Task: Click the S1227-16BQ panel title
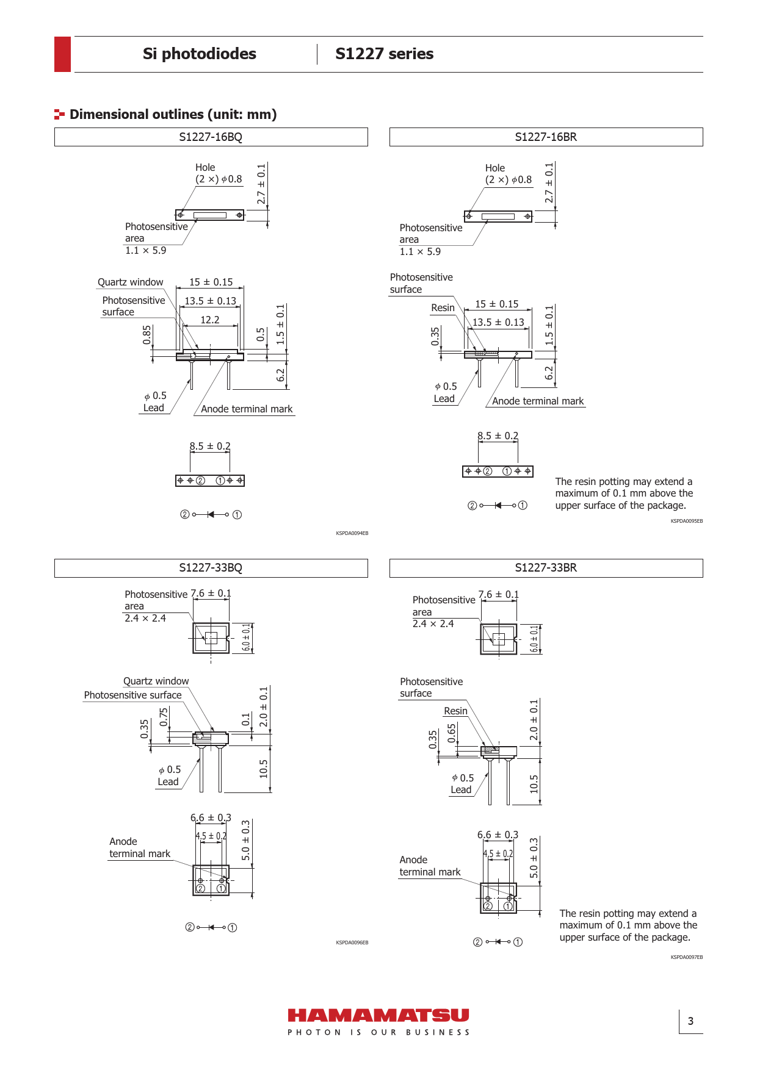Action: [211, 137]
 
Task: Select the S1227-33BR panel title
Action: [546, 567]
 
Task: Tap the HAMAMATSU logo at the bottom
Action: [378, 1015]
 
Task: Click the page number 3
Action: [690, 1021]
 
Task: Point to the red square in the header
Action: [62, 54]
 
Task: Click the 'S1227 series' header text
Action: [385, 54]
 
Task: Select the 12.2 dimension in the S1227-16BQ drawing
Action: [210, 320]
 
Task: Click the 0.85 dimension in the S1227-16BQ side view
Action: [147, 334]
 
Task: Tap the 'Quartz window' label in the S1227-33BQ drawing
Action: [156, 681]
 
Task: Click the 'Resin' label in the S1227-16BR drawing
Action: [443, 307]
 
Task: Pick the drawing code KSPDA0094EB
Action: [352, 533]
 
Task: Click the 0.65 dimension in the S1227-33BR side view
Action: [452, 733]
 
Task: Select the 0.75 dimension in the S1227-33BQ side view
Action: [164, 717]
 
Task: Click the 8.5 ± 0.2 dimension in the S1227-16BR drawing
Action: [498, 436]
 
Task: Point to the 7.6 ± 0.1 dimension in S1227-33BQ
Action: [211, 593]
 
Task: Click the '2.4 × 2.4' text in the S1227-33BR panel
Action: [433, 623]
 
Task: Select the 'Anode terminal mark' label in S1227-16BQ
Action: [247, 409]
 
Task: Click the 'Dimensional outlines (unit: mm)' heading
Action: [173, 114]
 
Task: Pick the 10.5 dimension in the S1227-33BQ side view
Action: [264, 769]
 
